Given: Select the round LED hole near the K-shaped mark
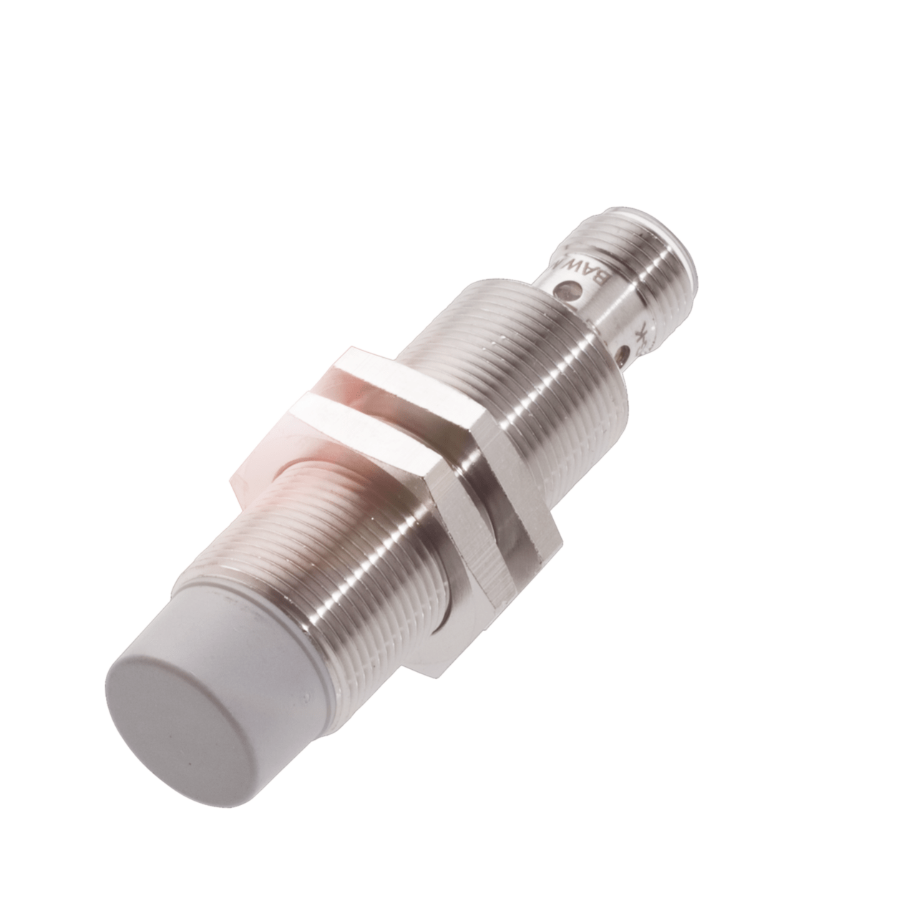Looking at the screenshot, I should pos(628,351).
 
